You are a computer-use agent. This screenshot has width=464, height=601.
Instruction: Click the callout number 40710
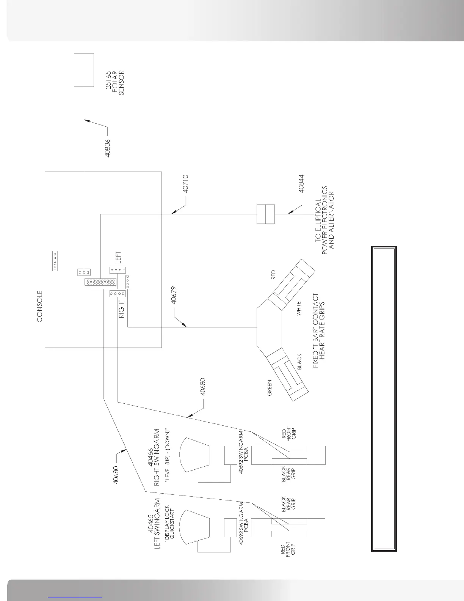[x=185, y=184]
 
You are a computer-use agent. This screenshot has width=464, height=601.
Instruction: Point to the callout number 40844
[x=301, y=184]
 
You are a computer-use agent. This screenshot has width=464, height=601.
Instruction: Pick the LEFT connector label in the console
[x=118, y=258]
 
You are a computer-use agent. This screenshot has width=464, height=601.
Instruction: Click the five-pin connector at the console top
[x=55, y=261]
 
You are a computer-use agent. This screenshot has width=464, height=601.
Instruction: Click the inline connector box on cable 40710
[x=265, y=214]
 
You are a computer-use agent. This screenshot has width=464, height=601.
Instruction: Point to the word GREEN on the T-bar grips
[x=270, y=388]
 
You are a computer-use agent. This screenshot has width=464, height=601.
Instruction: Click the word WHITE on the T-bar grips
[x=299, y=309]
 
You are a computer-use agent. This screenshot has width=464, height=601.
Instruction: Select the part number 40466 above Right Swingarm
[x=150, y=457]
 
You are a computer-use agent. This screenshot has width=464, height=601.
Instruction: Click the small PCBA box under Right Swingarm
[x=230, y=455]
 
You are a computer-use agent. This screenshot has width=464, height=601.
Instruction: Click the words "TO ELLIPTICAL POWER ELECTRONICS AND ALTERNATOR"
[x=325, y=218]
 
